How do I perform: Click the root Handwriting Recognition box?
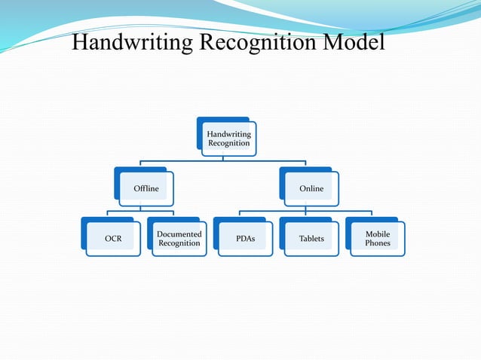[x=228, y=139]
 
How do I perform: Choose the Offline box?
[x=146, y=188]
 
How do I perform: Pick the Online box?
[x=311, y=188]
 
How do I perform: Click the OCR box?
[x=113, y=239]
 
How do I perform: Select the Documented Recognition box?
[x=179, y=239]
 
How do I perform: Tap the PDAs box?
[x=245, y=239]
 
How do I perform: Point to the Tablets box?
[x=311, y=239]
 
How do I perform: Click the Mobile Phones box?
[x=378, y=239]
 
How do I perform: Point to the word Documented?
[x=179, y=234]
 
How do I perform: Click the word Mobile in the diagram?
[x=378, y=234]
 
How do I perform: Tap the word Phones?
[x=378, y=243]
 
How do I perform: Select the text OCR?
[x=113, y=239]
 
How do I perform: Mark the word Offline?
[x=146, y=188]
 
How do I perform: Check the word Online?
[x=311, y=188]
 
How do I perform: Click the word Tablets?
[x=311, y=239]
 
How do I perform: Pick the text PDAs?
[x=245, y=239]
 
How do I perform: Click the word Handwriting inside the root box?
[x=228, y=134]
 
